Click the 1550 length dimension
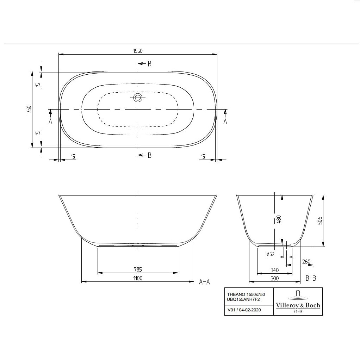pyautogui.click(x=138, y=51)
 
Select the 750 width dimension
pyautogui.click(x=29, y=109)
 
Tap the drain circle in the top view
pyautogui.click(x=138, y=98)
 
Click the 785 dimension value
pyautogui.click(x=138, y=269)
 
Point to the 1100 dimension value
pyautogui.click(x=138, y=278)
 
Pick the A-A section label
pyautogui.click(x=204, y=282)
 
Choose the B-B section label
pyautogui.click(x=311, y=278)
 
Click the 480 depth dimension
pyautogui.click(x=279, y=219)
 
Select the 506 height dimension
pyautogui.click(x=320, y=221)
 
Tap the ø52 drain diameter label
pyautogui.click(x=270, y=254)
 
